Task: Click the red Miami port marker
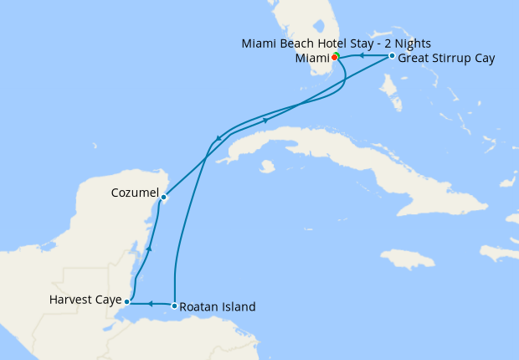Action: coord(334,58)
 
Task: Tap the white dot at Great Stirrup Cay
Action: coord(392,56)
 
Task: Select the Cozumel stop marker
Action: coord(163,198)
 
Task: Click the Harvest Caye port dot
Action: coord(126,301)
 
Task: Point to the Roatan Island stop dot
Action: coord(174,306)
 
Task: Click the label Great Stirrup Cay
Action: coord(446,59)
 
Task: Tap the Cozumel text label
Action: coord(134,193)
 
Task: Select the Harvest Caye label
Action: coord(85,299)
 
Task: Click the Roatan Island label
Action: coord(218,306)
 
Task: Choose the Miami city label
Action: coord(311,59)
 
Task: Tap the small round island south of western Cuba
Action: coord(267,167)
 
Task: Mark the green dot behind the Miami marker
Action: coord(336,55)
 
